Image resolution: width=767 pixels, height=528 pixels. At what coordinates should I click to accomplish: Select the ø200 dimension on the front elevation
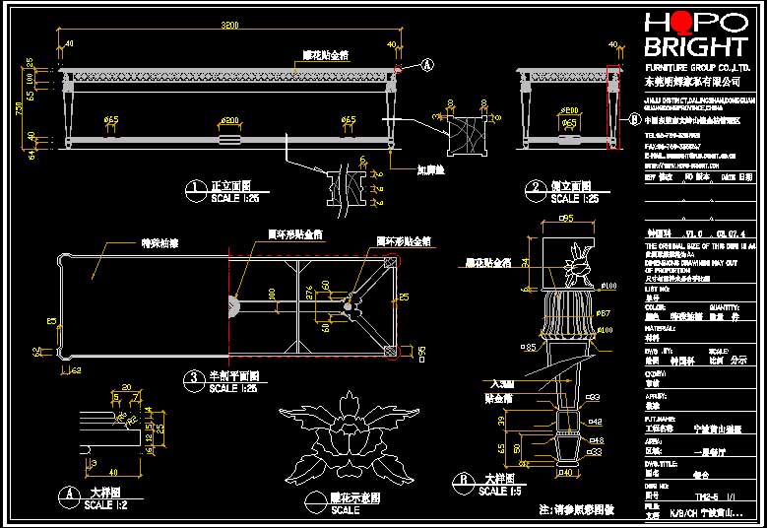click(x=229, y=120)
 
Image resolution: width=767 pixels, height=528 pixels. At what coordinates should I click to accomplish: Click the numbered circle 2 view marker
click(x=536, y=187)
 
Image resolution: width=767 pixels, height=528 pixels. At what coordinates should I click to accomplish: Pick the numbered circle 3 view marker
click(x=194, y=377)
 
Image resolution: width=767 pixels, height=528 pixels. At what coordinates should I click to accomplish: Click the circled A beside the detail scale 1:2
click(x=70, y=494)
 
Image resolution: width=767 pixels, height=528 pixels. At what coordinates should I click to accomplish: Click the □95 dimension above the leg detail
click(x=566, y=219)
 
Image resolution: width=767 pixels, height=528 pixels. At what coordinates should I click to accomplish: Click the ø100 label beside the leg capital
click(x=608, y=286)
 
